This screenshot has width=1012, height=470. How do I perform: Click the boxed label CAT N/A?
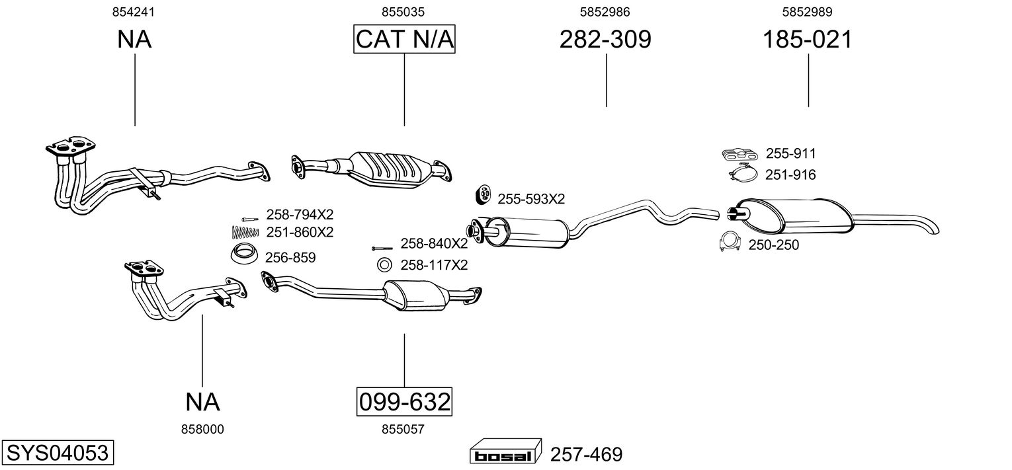point(404,39)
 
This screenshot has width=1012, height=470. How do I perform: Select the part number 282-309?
point(605,39)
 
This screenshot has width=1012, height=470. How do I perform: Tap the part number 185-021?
point(808,39)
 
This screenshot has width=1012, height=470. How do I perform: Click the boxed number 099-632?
point(404,401)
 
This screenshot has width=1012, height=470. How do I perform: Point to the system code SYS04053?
point(58,452)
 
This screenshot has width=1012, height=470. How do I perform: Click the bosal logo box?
point(505,451)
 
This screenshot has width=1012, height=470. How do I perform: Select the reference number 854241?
point(133,12)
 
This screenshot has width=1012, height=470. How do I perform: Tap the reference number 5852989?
point(807,12)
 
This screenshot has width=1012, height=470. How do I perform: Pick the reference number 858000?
point(202,430)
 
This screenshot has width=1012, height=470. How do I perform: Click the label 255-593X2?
point(531,199)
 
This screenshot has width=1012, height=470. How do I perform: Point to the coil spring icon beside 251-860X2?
point(245,232)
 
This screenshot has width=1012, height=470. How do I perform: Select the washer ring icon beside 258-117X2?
point(384,265)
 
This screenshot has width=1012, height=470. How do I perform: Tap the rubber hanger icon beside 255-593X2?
point(483,194)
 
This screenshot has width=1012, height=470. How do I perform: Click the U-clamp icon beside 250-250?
point(730,242)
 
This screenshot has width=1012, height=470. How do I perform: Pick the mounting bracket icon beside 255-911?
point(739,154)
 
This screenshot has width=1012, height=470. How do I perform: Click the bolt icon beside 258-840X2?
point(382,249)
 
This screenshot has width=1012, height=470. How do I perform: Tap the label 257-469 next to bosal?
point(586,454)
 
